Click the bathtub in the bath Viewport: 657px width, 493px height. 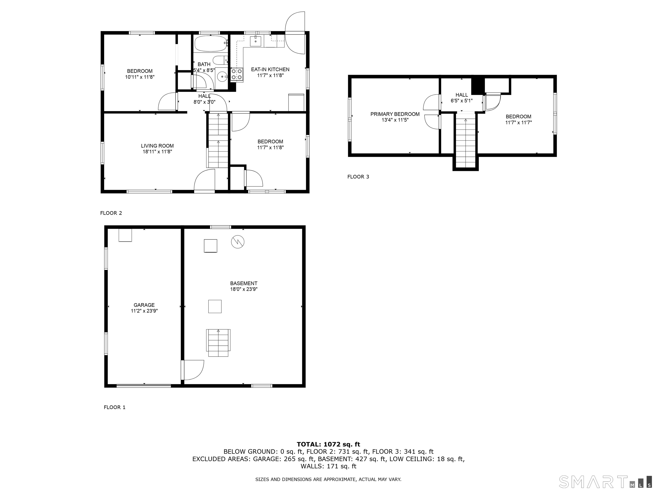coord(211,44)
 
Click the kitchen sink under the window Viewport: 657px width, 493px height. coord(255,41)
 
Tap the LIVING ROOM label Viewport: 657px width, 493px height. coord(157,146)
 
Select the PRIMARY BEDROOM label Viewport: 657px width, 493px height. coord(395,114)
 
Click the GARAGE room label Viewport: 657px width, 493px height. coord(144,305)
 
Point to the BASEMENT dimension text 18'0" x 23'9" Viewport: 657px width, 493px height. coord(244,289)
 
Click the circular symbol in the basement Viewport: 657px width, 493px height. coord(238,242)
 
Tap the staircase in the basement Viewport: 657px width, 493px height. coord(218,343)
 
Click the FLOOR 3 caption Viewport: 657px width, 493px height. coord(358,177)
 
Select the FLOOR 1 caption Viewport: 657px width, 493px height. coord(115,407)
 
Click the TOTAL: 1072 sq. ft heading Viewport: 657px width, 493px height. coord(328,444)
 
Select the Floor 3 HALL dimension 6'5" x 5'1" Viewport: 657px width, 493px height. coord(462,101)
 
